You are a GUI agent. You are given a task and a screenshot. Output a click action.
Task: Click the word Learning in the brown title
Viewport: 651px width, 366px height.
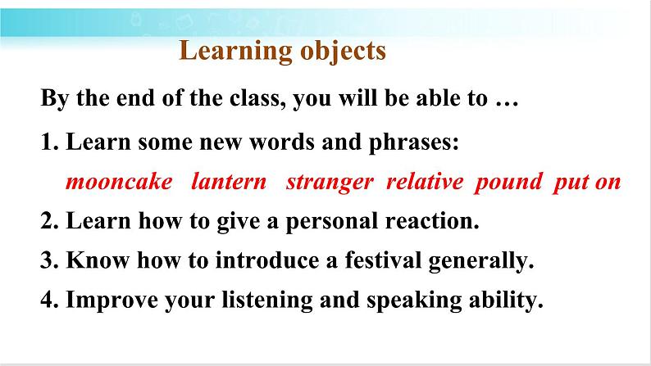tap(236, 52)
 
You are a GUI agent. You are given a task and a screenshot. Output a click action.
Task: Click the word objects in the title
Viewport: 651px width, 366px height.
tap(343, 52)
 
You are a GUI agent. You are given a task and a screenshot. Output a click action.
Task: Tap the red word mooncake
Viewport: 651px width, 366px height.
tap(119, 182)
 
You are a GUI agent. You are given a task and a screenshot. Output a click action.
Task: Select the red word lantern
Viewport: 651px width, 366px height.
tap(229, 182)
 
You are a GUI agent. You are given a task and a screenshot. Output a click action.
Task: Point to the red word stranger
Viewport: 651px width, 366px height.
tap(330, 183)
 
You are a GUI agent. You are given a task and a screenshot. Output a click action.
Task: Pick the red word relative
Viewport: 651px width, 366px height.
tap(425, 182)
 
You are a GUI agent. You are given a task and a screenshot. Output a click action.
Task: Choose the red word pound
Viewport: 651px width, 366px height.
tap(508, 183)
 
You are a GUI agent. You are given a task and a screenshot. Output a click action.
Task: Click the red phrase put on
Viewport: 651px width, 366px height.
tap(587, 183)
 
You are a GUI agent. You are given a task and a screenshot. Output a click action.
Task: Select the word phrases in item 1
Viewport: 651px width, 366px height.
tap(413, 142)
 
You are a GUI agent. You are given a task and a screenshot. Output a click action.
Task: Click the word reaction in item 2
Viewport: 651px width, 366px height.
tap(432, 221)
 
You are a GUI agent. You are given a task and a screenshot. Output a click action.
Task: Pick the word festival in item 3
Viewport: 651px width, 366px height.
tap(383, 260)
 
